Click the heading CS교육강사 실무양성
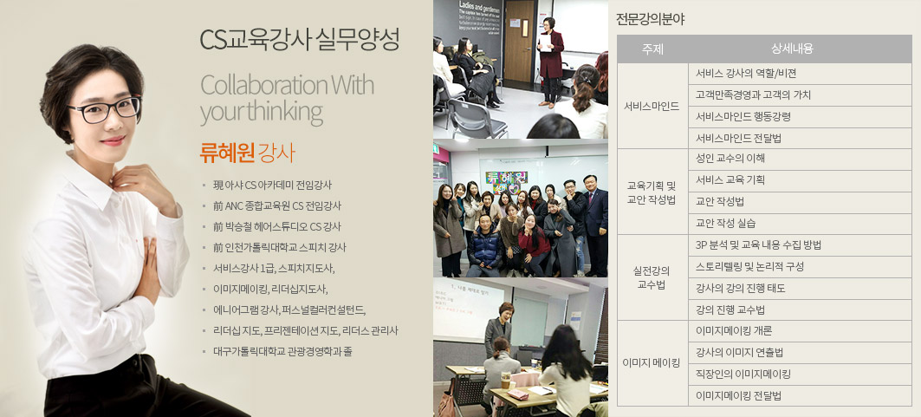pos(300,39)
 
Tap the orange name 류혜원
pos(227,152)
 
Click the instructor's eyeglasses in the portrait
pos(104,110)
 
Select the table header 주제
pos(652,49)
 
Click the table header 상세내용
pos(792,49)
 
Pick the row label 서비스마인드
pos(652,107)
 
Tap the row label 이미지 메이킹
pos(652,363)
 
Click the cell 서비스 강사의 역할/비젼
pos(745,74)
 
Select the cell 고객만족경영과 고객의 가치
pos(753,94)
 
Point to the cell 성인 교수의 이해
pos(730,159)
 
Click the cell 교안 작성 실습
pos(725,223)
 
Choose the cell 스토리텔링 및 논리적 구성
pos(749,267)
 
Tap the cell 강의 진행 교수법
pos(730,309)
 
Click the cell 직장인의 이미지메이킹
pos(743,375)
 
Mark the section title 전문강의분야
pos(650,19)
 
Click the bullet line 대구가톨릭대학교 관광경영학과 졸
pos(282,352)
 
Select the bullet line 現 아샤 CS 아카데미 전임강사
pos(273,185)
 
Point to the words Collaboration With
pos(288,85)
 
